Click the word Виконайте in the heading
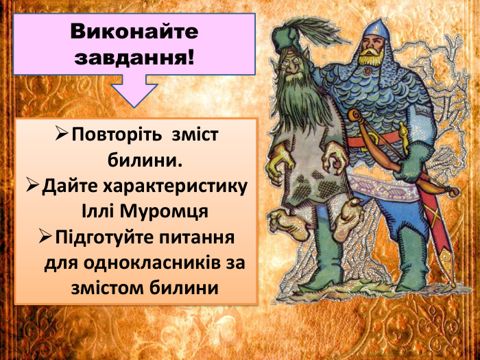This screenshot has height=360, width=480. pyautogui.click(x=134, y=32)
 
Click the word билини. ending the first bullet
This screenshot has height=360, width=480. pyautogui.click(x=145, y=161)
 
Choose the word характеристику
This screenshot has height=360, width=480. pyautogui.click(x=175, y=187)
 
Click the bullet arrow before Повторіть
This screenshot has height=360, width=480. pyautogui.click(x=60, y=132)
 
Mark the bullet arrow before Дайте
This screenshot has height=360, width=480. pyautogui.click(x=34, y=185)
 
